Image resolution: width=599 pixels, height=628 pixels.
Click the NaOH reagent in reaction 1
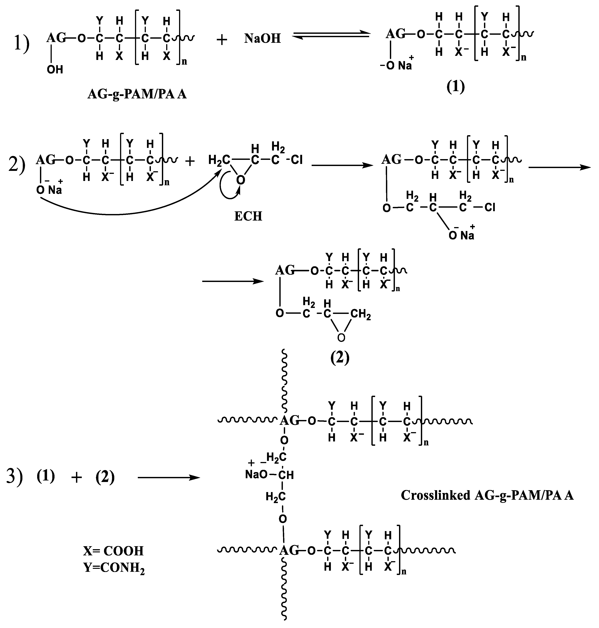pyautogui.click(x=263, y=39)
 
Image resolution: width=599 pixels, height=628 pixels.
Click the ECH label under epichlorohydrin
pyautogui.click(x=248, y=216)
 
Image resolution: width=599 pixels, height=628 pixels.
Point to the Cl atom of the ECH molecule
pyautogui.click(x=297, y=160)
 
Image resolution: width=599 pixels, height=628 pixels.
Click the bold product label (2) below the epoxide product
pyautogui.click(x=340, y=358)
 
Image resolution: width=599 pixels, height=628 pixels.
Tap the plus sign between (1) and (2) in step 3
pyautogui.click(x=77, y=478)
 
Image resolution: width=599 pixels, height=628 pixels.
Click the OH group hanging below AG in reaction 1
pyautogui.click(x=55, y=70)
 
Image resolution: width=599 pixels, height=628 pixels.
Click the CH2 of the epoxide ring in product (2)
pyautogui.click(x=361, y=314)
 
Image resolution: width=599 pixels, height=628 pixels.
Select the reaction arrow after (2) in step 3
pyautogui.click(x=169, y=478)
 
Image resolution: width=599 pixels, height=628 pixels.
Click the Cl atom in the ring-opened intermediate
pyautogui.click(x=490, y=208)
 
